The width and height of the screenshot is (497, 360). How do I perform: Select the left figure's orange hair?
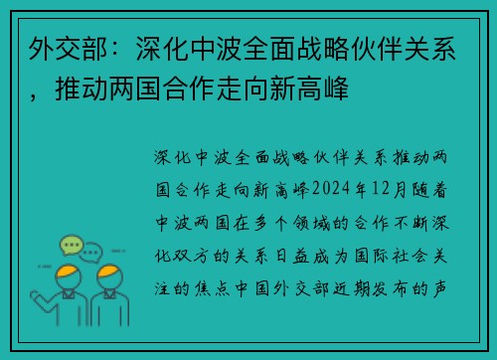68,272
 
